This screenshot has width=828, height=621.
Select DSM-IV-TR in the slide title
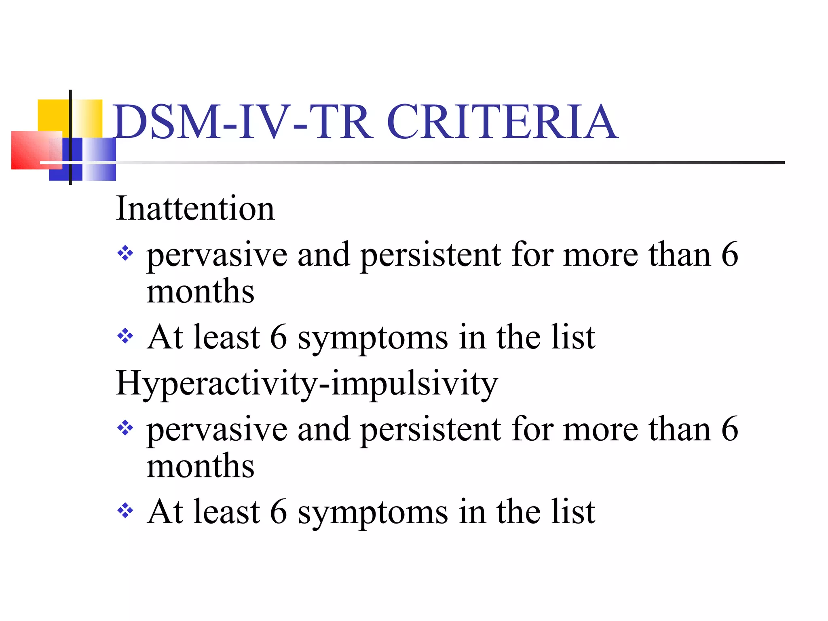(243, 122)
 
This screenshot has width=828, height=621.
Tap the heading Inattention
(195, 209)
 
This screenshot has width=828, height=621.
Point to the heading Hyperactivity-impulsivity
(306, 383)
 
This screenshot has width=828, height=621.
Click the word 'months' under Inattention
(200, 291)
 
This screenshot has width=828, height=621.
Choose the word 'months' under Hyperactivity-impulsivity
(200, 466)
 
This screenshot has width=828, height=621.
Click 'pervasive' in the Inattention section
(217, 256)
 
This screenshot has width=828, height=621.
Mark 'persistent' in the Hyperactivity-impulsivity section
(431, 429)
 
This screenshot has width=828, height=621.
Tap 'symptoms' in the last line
(373, 513)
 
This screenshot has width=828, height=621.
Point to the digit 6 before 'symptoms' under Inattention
(278, 337)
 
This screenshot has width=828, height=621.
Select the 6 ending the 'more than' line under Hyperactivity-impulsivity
(730, 429)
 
